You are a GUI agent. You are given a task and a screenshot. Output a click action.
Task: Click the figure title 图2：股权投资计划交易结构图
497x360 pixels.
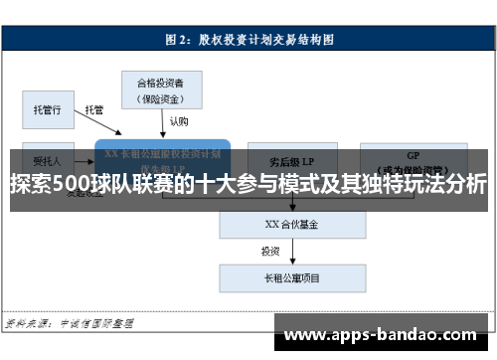pos(248,40)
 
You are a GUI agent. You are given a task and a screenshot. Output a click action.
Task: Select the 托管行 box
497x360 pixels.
pos(47,108)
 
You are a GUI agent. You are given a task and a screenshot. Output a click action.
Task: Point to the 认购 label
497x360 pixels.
pos(177,121)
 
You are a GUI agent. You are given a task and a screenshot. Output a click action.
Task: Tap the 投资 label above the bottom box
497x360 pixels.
pos(270,251)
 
